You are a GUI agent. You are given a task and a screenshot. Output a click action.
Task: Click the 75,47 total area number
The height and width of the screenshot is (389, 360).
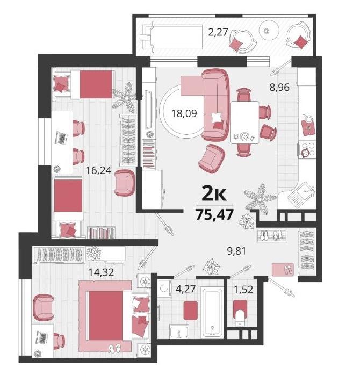[x=214, y=214]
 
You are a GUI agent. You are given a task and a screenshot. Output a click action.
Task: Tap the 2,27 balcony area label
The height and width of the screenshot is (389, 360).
[x=218, y=32]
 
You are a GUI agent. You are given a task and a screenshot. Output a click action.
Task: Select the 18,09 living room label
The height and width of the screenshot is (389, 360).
[x=184, y=113]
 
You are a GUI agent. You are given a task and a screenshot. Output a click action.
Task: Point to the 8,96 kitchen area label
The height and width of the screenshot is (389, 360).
[x=279, y=87]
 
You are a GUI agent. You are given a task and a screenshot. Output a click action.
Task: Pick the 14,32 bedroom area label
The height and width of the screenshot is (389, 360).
[x=101, y=272]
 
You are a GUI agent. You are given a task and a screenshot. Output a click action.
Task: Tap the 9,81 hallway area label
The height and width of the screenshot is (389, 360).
[x=237, y=251]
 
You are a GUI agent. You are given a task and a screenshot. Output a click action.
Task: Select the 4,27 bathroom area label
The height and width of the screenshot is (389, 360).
[x=185, y=289]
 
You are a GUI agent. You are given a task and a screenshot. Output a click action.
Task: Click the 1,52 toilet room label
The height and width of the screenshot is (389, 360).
[x=243, y=289]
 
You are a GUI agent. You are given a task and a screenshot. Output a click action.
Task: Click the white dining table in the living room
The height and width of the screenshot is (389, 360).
[x=245, y=123]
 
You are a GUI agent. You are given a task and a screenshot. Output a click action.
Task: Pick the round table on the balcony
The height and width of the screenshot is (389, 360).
[x=269, y=31]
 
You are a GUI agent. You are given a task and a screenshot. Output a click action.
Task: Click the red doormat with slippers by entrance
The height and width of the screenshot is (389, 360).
[x=283, y=270]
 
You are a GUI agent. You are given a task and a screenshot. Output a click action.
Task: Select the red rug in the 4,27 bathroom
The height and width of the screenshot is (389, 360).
[x=191, y=311]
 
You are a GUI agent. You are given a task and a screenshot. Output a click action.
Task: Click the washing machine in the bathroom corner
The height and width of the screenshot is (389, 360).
[x=164, y=289]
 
